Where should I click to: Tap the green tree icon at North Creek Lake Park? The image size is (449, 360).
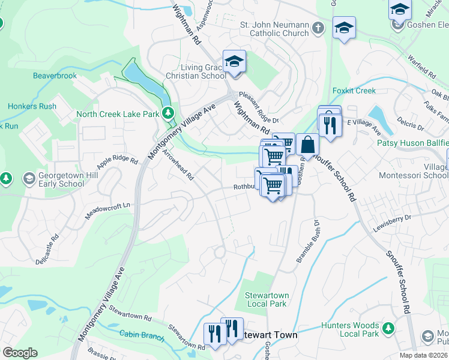(169, 113)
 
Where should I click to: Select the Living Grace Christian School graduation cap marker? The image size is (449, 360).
(234, 62)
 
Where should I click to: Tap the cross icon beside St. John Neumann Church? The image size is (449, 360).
(320, 28)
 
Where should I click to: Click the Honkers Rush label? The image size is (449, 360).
(32, 106)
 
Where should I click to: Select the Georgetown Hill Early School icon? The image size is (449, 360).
(29, 179)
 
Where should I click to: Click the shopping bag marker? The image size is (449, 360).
(307, 145)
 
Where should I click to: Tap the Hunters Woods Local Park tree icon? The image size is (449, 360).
(388, 328)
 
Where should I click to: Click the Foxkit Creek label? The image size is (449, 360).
(354, 91)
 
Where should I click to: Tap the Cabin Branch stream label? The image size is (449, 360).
(141, 336)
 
